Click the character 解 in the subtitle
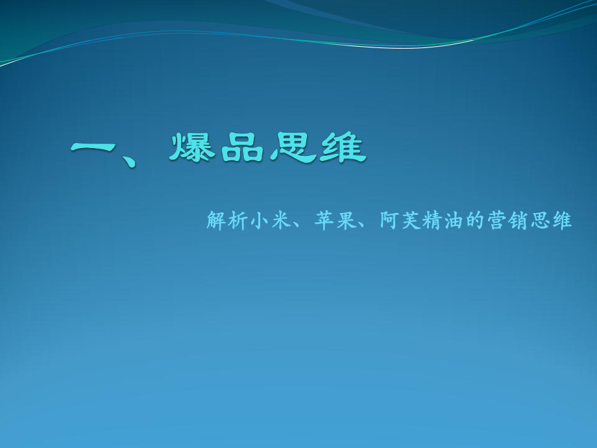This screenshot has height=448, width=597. pos(216,221)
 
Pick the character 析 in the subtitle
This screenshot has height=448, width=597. pos(238,221)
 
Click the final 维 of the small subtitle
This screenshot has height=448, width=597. pos(562,221)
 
